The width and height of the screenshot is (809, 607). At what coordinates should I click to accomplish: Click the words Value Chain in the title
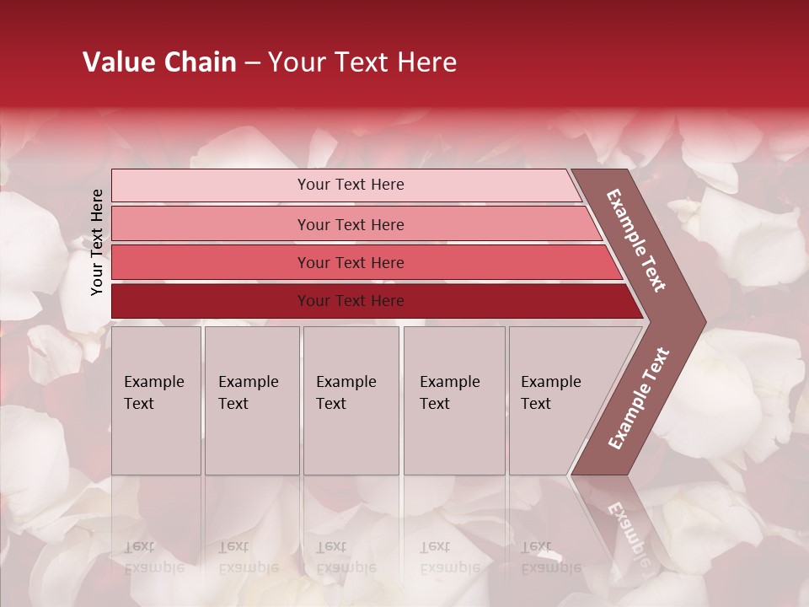coord(159,62)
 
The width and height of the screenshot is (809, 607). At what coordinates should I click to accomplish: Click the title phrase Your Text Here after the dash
coord(362,62)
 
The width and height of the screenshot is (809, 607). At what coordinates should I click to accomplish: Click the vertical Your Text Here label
coord(97,242)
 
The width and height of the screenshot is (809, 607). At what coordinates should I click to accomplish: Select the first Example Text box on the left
coord(156,400)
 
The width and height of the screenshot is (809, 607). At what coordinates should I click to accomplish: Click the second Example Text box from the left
coord(252,400)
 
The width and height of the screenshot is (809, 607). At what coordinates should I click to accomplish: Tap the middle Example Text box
coord(351,400)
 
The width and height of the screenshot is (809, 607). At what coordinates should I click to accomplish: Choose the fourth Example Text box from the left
coord(454,400)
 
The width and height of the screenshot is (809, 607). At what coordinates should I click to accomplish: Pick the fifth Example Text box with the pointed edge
coord(560,400)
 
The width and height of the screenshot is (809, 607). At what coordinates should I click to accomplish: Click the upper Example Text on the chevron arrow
coord(636,240)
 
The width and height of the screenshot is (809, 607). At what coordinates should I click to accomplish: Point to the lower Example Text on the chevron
coord(639,398)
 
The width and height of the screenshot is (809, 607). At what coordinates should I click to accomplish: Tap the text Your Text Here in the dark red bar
coord(351,301)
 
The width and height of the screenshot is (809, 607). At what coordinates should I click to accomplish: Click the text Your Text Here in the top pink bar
coord(351,185)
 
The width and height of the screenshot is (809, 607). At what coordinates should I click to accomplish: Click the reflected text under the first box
coord(154,557)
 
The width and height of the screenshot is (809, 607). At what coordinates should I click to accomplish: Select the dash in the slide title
coord(252,63)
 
